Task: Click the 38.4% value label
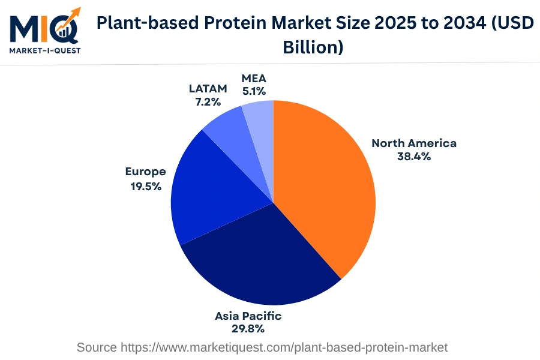click(414, 157)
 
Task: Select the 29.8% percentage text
click(248, 329)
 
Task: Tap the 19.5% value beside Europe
click(146, 186)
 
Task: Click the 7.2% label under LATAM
click(208, 102)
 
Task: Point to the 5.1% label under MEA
click(254, 92)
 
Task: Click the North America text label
click(414, 143)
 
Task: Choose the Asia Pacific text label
click(248, 316)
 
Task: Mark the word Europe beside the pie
click(145, 172)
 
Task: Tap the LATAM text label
click(208, 89)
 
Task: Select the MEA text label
click(254, 79)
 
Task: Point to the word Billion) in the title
click(313, 47)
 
